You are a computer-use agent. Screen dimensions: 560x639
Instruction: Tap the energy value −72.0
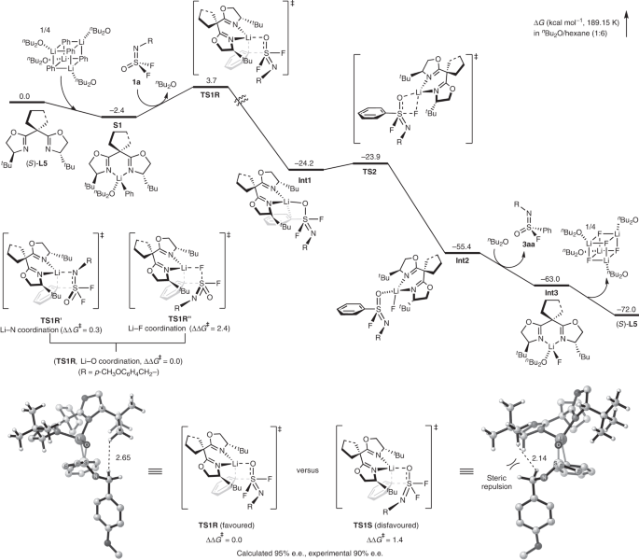pos(612,306)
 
